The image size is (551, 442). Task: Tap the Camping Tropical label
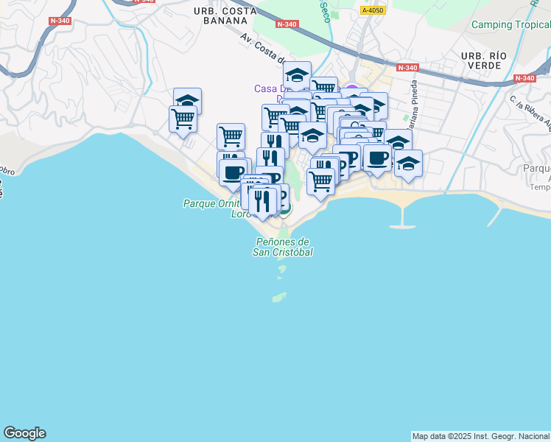tap(511, 24)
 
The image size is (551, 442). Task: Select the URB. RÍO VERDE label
tap(481, 60)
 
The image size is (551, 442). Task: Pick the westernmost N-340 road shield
tap(60, 21)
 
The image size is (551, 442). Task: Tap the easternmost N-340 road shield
tap(524, 78)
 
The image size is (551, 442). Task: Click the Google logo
tap(24, 433)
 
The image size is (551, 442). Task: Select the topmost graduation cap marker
tap(297, 75)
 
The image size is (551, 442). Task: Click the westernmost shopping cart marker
tap(183, 118)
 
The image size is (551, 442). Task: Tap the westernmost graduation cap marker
tap(188, 101)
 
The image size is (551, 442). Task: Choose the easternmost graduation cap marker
tap(408, 164)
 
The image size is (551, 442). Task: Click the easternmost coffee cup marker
tap(378, 158)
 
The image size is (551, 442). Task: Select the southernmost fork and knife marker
tap(262, 200)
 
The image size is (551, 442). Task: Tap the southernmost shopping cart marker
tap(320, 180)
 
